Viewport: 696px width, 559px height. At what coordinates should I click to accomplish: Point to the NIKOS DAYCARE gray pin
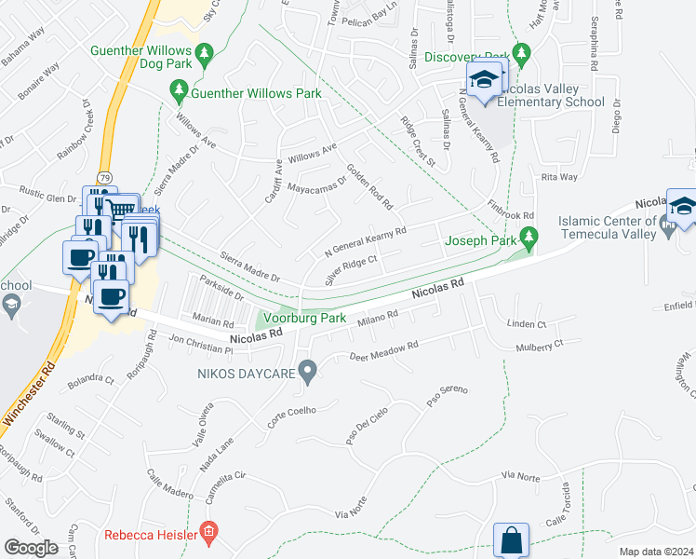[x=311, y=374]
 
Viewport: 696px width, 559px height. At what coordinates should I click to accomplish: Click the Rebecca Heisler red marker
[x=209, y=534]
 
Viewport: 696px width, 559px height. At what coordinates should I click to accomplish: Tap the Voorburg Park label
[x=307, y=318]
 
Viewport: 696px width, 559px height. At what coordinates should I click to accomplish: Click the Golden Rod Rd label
[x=369, y=186]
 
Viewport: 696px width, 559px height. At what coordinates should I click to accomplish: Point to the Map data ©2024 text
[x=656, y=552]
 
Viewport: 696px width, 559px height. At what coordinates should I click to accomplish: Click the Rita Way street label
[x=559, y=176]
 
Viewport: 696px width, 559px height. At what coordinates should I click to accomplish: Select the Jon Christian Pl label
[x=201, y=344]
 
